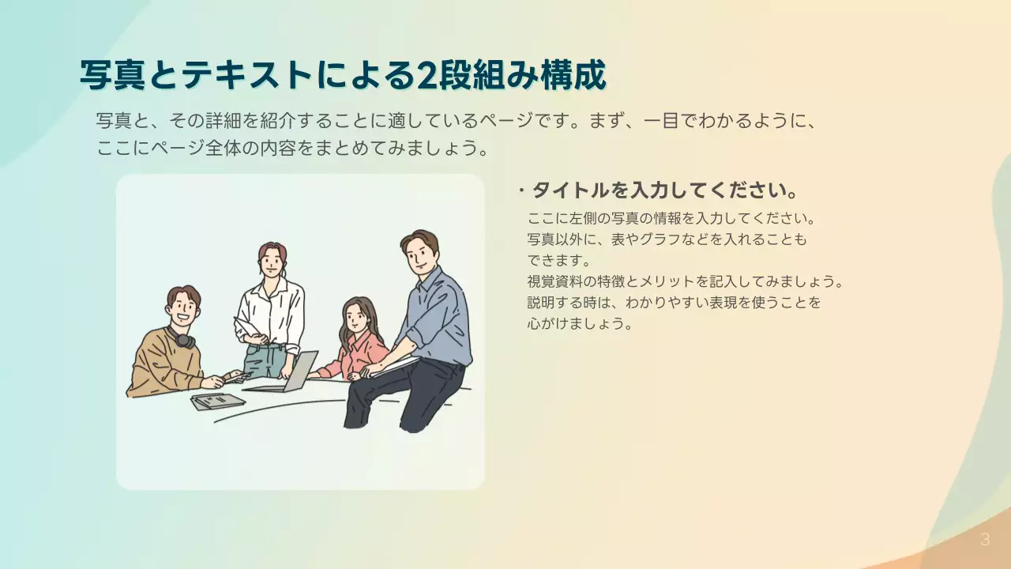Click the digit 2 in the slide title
[x=427, y=76]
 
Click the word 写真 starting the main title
[x=105, y=76]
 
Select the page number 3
[x=985, y=540]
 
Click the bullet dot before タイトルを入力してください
[x=521, y=191]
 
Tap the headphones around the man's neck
[x=184, y=340]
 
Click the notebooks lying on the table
[x=218, y=401]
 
